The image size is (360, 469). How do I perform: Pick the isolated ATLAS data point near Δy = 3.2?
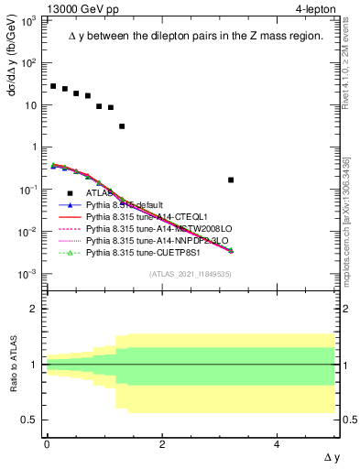click(231, 180)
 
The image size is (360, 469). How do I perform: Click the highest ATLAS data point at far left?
click(53, 86)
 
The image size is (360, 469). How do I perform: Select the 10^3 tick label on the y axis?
click(28, 20)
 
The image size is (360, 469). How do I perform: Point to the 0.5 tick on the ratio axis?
click(30, 420)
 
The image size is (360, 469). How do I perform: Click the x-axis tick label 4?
click(278, 444)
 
